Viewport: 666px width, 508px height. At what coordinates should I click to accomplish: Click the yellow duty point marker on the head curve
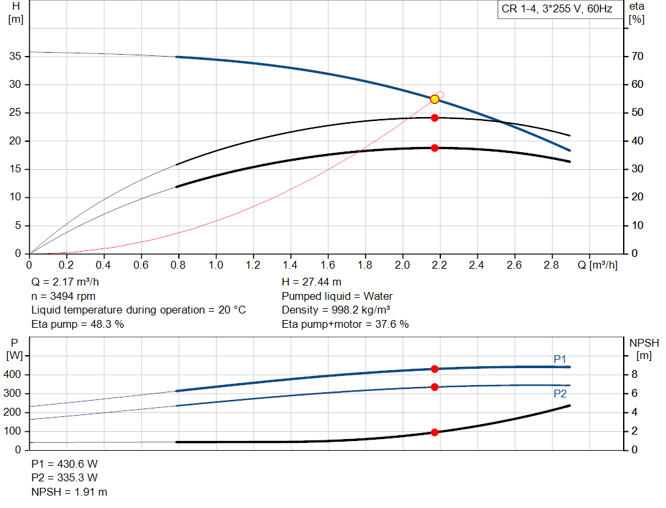(434, 99)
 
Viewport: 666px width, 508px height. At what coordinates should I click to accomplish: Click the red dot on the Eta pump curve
(434, 118)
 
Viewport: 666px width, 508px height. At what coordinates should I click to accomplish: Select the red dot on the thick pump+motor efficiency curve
(434, 148)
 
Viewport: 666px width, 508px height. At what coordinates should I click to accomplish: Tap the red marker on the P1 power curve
(434, 369)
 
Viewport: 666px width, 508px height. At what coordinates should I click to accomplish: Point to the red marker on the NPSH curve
(434, 432)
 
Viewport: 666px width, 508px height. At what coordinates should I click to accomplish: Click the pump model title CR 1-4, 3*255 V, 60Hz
(557, 10)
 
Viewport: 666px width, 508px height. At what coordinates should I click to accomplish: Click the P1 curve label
(560, 359)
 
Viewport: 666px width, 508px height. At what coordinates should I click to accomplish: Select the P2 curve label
(560, 394)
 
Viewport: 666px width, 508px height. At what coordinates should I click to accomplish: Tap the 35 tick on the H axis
(15, 57)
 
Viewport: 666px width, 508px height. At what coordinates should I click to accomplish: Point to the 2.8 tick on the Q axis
(552, 265)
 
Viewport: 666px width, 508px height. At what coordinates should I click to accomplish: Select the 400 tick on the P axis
(14, 375)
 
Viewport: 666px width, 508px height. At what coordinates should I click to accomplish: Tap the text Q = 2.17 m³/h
(65, 282)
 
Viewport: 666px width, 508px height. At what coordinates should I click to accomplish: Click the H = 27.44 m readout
(312, 282)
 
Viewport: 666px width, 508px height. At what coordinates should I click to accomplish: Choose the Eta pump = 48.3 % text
(77, 324)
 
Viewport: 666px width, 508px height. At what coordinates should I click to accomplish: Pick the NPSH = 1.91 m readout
(70, 492)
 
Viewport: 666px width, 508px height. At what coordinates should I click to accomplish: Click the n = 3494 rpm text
(63, 296)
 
